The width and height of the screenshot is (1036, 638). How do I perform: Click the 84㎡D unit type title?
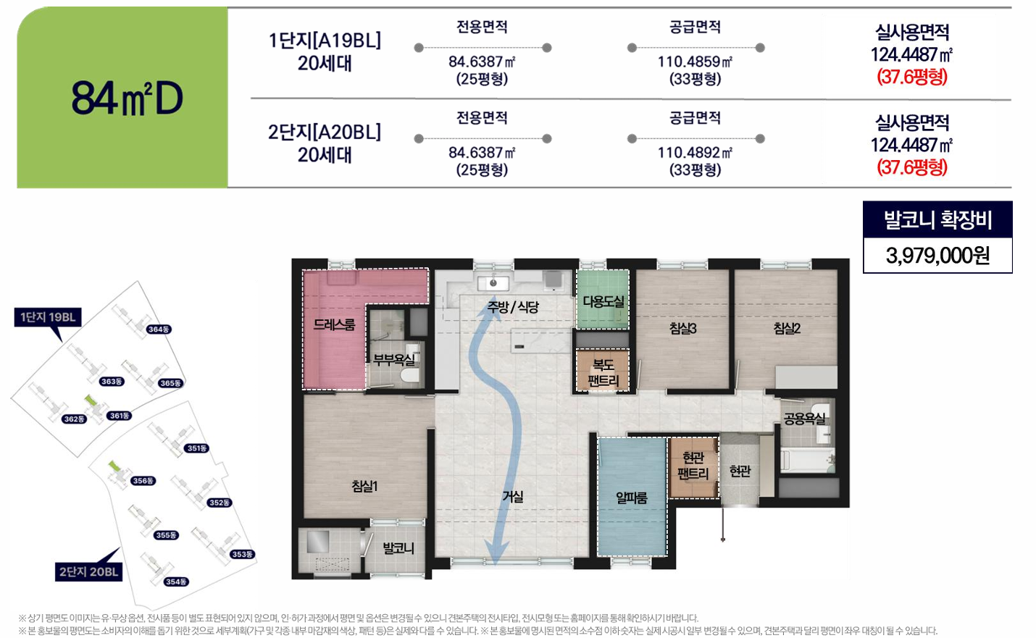pos(128,98)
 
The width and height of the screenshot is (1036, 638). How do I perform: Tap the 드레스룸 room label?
pos(334,324)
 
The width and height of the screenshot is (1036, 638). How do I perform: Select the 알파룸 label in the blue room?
pos(631,498)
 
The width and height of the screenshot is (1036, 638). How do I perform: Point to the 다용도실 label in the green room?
pos(603,301)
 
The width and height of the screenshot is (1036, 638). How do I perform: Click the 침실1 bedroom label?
pos(364,486)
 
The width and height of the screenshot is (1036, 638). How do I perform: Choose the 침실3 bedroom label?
pos(682,328)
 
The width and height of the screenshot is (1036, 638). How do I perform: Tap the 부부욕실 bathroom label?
pos(394,359)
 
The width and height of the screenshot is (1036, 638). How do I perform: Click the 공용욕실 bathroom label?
pos(804,419)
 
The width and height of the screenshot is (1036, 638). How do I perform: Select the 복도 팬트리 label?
pos(603,373)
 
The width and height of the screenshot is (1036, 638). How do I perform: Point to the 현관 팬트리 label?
pos(693,466)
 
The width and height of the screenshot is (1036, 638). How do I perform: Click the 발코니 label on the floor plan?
pos(398,548)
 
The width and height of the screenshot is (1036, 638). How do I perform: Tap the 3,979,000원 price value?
pos(937,255)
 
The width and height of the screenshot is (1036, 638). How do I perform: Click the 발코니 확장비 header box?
pos(937,219)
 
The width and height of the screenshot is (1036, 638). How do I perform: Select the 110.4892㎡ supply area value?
pos(695,153)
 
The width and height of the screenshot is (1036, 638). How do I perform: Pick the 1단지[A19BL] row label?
pos(325,41)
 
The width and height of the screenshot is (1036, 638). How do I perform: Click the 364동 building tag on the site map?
pos(159,330)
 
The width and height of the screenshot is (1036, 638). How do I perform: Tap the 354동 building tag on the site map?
pos(176,582)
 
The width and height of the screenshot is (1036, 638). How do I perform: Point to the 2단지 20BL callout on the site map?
pos(88,571)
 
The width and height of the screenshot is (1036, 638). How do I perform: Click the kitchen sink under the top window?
pos(493,282)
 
